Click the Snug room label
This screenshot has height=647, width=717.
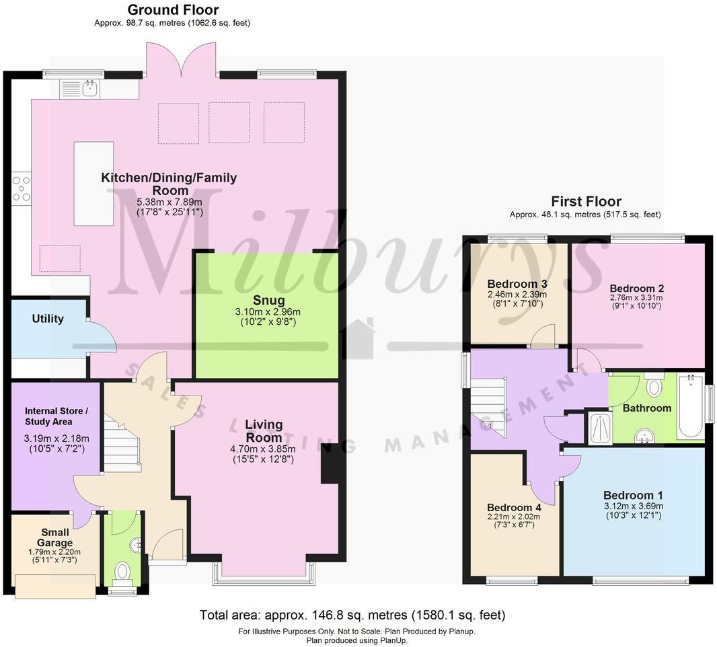[x=269, y=300]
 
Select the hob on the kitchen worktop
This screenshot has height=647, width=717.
[x=20, y=188]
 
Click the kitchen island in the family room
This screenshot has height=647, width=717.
[x=93, y=184]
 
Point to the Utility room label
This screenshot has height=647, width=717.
[x=48, y=319]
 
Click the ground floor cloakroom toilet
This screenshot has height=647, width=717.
[x=122, y=572]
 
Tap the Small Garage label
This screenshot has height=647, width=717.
[x=55, y=537]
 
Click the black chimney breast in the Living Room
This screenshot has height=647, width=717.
[x=330, y=463]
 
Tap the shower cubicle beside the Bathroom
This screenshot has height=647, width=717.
[x=596, y=428]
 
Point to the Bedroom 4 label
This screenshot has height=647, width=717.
[x=513, y=507]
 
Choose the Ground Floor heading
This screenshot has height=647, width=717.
[x=173, y=10]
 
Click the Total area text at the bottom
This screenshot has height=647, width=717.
[x=352, y=615]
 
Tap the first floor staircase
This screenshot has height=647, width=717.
[x=489, y=407]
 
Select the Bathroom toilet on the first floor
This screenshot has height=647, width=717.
[x=653, y=386]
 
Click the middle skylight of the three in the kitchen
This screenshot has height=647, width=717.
[x=229, y=122]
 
